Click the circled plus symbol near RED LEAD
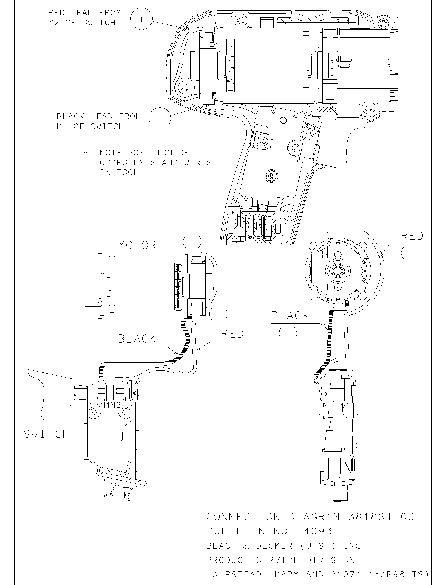(x=141, y=19)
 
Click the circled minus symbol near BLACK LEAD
(x=160, y=118)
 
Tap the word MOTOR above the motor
(x=137, y=245)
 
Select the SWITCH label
(x=46, y=434)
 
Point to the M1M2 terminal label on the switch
(x=111, y=405)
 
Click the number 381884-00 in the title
(x=381, y=517)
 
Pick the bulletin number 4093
(x=318, y=531)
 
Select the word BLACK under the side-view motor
(x=137, y=339)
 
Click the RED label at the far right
(x=412, y=236)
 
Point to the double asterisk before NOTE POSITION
(x=88, y=153)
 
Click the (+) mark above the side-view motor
(x=192, y=241)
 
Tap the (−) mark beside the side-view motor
(x=218, y=314)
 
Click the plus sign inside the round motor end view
(x=324, y=255)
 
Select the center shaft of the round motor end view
(x=337, y=271)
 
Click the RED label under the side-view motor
(x=232, y=334)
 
